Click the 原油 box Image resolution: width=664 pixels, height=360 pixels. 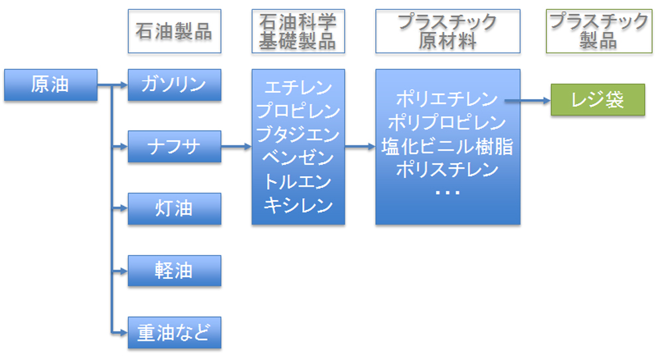[x=51, y=85]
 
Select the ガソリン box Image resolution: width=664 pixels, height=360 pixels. [x=175, y=85]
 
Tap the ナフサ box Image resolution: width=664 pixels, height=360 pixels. [x=175, y=147]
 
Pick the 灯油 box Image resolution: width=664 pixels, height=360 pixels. [x=175, y=209]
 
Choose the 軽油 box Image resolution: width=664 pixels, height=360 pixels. [x=175, y=270]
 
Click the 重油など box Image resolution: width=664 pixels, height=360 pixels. [x=175, y=333]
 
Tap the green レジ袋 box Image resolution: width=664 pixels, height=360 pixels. [x=598, y=100]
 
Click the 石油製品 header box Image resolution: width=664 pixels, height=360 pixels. [x=175, y=31]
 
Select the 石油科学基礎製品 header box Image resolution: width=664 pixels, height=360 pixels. [x=298, y=31]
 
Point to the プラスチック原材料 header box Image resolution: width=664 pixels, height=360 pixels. [x=448, y=31]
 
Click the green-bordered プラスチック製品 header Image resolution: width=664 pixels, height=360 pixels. [x=599, y=31]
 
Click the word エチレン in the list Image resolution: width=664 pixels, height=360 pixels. [x=298, y=88]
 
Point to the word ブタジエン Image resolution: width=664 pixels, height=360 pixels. [x=298, y=134]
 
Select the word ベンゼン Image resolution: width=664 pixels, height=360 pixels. [x=298, y=157]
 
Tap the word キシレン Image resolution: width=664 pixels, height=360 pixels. [x=298, y=205]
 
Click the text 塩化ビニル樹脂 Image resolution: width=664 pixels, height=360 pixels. [x=447, y=146]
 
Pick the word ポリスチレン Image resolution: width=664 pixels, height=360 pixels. [x=447, y=169]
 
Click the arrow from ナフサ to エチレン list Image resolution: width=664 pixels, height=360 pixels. [x=236, y=147]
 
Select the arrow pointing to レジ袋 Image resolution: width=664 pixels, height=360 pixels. [x=528, y=100]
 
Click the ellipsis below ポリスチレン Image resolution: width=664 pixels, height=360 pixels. [x=448, y=193]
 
